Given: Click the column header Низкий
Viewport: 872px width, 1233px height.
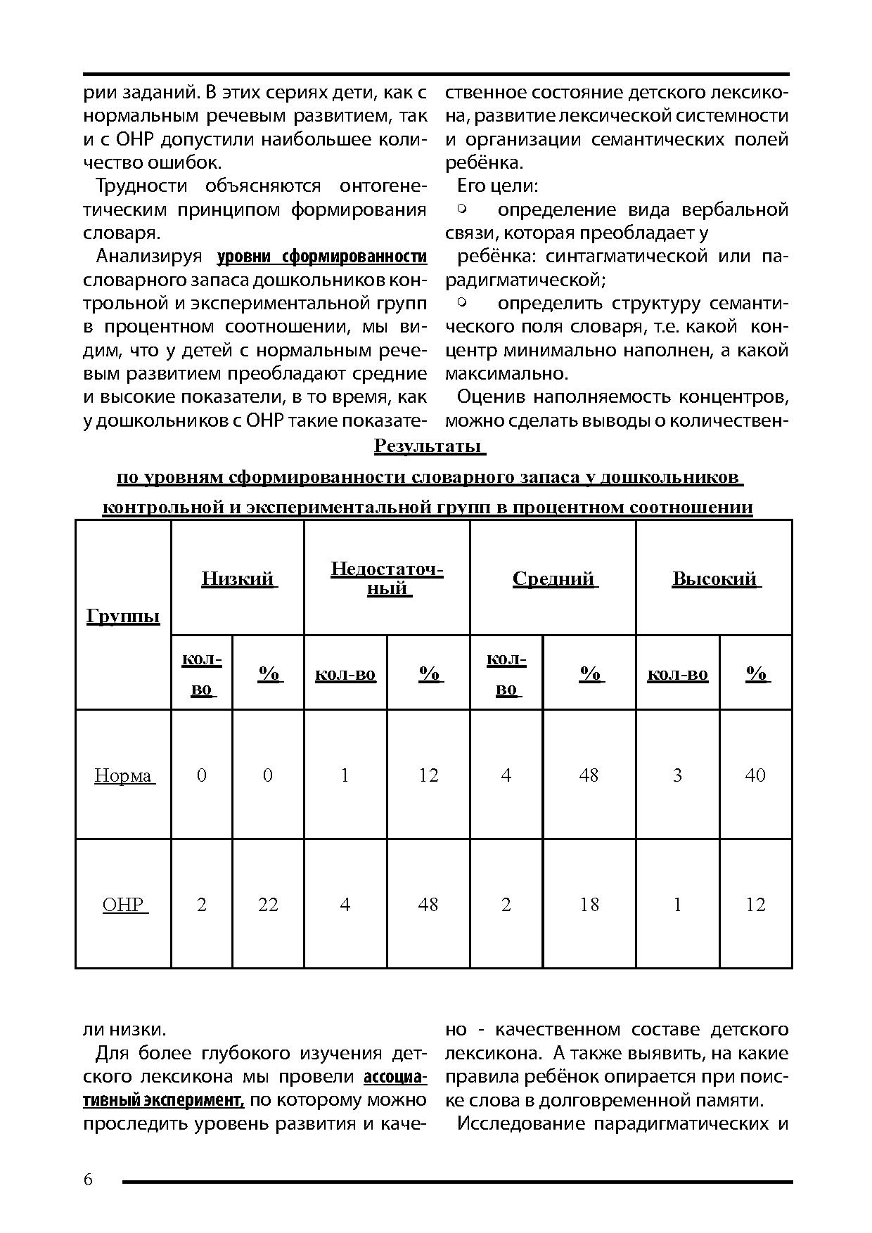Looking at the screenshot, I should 238,579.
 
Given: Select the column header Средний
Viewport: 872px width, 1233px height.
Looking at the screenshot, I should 553,579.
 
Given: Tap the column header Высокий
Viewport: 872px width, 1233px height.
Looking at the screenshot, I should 714,579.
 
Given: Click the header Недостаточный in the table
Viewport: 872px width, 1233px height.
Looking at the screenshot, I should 387,578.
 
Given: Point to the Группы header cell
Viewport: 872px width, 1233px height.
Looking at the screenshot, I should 123,616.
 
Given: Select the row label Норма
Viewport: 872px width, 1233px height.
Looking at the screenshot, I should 123,775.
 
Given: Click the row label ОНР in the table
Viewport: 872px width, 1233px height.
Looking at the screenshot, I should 123,904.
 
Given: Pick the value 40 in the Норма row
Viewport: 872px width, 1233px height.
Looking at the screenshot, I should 755,775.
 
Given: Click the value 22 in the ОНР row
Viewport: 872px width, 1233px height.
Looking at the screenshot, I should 268,904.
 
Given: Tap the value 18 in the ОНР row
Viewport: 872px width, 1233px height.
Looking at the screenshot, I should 589,904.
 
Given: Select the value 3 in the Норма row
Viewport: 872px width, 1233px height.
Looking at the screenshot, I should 677,775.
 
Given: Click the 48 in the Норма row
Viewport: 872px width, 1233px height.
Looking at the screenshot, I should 589,775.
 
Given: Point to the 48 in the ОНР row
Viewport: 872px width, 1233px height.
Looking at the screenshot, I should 428,904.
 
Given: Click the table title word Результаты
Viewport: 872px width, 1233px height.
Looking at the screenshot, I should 428,446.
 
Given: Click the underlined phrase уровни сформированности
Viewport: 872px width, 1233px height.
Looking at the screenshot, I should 322,257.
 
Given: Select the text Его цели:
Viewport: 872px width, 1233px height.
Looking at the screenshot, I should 498,186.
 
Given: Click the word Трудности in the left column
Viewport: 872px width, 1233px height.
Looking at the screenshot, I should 141,186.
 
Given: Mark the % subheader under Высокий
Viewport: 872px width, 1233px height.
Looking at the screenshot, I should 756,674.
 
